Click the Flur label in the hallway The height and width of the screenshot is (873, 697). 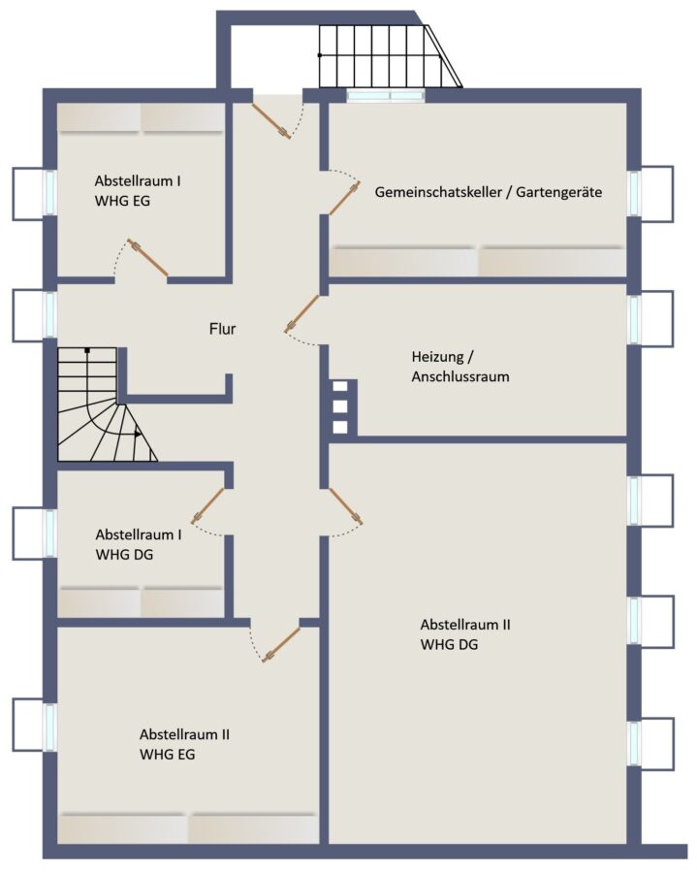[223, 329]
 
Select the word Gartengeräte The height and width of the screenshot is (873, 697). [559, 193]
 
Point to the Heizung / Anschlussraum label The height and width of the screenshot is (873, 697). [460, 367]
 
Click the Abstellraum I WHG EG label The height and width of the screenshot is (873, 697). [138, 191]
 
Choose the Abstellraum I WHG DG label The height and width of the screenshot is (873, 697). [139, 544]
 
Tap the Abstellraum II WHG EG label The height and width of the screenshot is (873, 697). [184, 744]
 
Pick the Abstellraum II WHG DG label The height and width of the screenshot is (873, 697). [465, 634]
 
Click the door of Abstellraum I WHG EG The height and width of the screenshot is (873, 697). [148, 257]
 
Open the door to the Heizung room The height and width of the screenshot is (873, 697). [301, 313]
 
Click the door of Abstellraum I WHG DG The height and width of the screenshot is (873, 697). [207, 505]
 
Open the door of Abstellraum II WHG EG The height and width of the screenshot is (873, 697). [281, 645]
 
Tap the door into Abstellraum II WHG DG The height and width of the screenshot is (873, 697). [345, 506]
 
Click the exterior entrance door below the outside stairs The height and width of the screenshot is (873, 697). [270, 119]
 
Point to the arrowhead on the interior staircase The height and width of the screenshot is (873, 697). [138, 434]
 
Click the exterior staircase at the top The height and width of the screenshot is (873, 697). [390, 56]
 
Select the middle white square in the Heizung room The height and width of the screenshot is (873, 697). [340, 406]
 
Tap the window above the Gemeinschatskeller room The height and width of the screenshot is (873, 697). [386, 96]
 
